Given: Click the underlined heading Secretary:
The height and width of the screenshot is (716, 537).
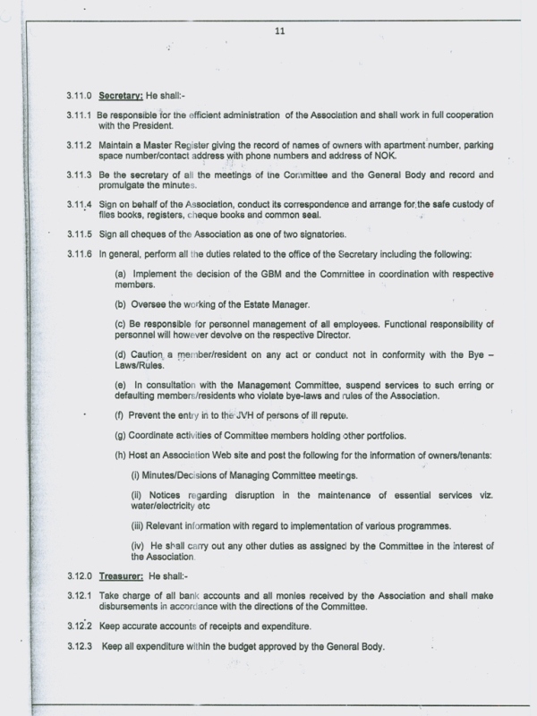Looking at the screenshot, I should [x=124, y=94].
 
